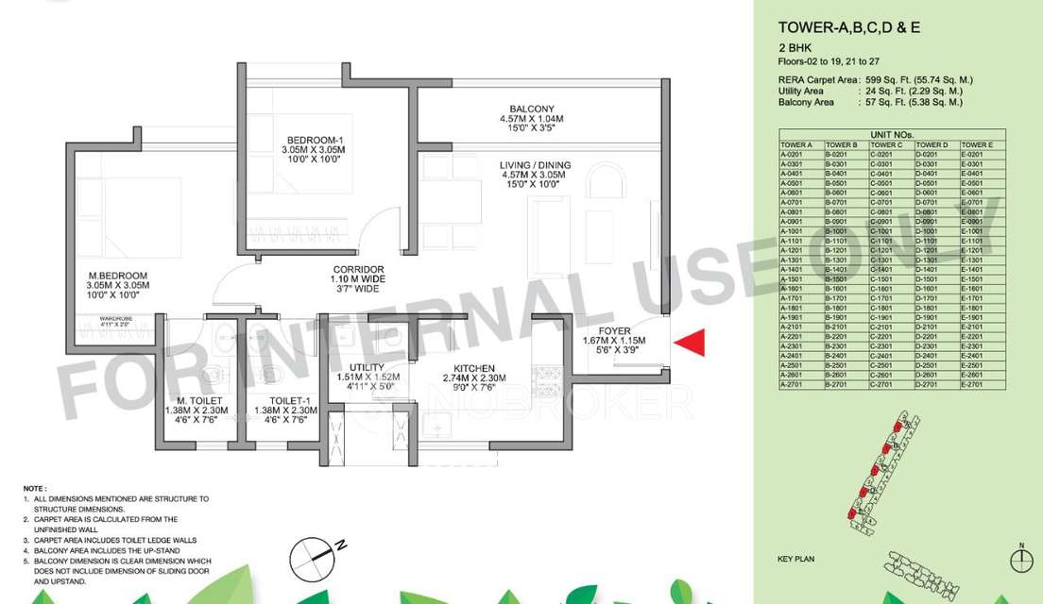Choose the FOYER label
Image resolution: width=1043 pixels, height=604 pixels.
tap(614, 329)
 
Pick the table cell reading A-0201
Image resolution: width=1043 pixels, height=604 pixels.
tap(791, 154)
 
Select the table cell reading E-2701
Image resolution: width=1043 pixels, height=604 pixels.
tap(973, 385)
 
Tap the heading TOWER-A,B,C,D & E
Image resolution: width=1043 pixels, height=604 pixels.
tap(849, 27)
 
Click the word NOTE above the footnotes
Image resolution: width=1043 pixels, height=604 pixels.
tap(35, 488)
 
